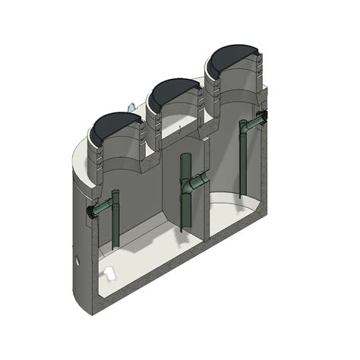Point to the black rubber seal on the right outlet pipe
tap(262, 117)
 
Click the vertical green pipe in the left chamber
tap(115, 220)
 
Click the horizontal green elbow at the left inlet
tap(103, 207)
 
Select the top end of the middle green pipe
tap(185, 157)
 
